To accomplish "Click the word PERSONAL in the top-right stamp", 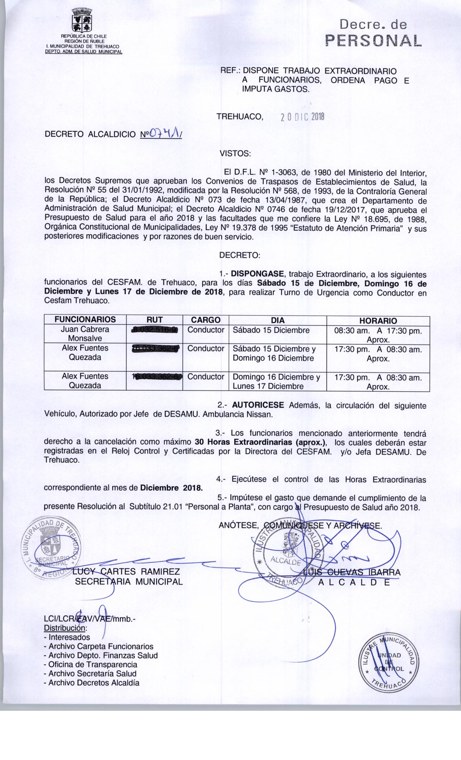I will click(x=374, y=41).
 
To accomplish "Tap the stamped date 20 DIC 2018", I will click(x=303, y=117).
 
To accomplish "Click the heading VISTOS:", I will click(x=235, y=153).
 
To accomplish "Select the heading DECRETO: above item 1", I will click(x=239, y=256).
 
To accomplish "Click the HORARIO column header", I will click(x=378, y=321).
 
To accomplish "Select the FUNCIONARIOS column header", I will click(x=85, y=320).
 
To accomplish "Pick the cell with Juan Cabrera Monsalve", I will click(x=85, y=334).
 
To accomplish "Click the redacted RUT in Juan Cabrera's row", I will click(x=154, y=330).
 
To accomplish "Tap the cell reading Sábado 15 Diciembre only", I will click(x=271, y=330).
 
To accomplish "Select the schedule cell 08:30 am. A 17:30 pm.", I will click(x=378, y=330).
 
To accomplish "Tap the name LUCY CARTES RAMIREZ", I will click(x=126, y=572).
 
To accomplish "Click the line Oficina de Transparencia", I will click(x=90, y=664).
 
